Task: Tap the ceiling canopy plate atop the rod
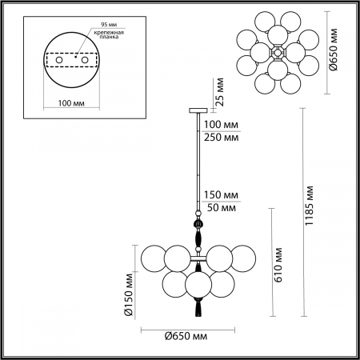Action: (197, 110)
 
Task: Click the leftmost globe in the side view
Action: (154, 260)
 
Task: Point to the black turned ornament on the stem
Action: (197, 238)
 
